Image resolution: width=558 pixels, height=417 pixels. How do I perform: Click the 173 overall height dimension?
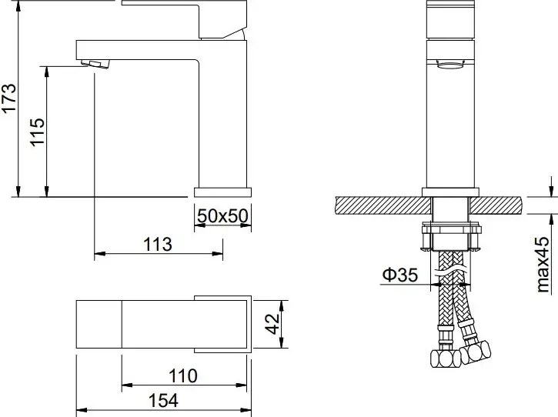[8, 98]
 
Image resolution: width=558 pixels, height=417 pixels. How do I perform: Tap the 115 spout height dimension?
[38, 132]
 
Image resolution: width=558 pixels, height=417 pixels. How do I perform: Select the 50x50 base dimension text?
[222, 215]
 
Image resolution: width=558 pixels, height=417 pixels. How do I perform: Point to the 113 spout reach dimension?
[158, 245]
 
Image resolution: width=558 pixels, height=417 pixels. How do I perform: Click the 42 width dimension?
[274, 324]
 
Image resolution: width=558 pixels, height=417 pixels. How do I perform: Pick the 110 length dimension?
[183, 375]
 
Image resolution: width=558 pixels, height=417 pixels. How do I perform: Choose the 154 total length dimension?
[163, 401]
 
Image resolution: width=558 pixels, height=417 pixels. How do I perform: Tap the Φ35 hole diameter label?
[400, 275]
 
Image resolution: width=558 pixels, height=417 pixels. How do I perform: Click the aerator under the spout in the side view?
[95, 64]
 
